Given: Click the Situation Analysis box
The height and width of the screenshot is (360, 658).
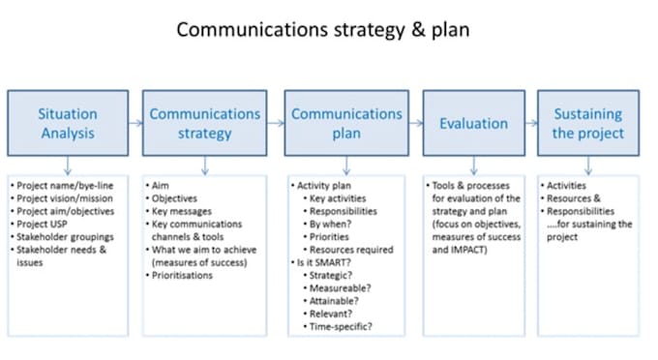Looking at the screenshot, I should pyautogui.click(x=68, y=124).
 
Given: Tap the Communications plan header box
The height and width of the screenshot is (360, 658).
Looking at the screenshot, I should pyautogui.click(x=345, y=124).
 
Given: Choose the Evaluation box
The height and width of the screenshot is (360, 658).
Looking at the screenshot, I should pyautogui.click(x=473, y=124).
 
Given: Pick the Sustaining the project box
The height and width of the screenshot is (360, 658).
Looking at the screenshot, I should pyautogui.click(x=588, y=124).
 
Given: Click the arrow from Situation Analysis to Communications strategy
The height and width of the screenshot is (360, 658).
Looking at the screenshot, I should pyautogui.click(x=136, y=124).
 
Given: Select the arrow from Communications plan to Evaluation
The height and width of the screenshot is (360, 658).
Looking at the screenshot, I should pyautogui.click(x=414, y=124).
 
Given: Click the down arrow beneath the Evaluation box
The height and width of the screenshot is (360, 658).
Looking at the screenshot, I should pyautogui.click(x=473, y=165).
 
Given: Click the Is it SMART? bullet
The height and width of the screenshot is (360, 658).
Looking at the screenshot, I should pyautogui.click(x=325, y=261).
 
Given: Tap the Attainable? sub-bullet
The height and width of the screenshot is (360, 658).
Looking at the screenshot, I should pyautogui.click(x=336, y=301).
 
